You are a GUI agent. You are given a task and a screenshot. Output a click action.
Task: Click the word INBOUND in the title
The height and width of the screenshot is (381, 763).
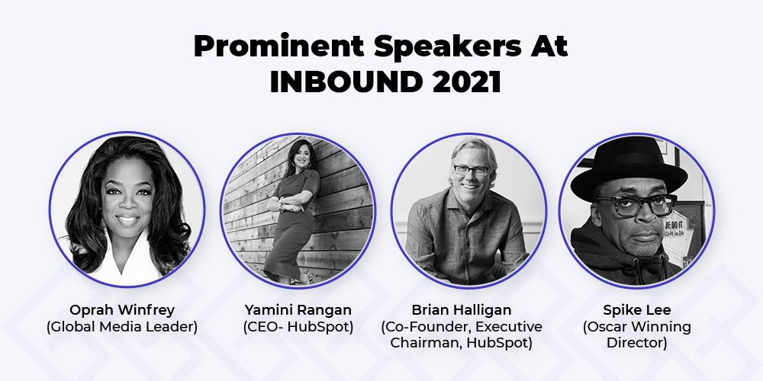[x=346, y=82]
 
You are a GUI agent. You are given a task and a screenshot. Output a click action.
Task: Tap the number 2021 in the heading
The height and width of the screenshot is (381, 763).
[x=465, y=82]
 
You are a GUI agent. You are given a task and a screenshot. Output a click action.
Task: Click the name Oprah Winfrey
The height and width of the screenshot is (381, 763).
[x=121, y=309]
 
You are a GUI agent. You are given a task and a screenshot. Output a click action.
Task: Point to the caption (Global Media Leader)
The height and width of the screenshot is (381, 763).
[x=121, y=327]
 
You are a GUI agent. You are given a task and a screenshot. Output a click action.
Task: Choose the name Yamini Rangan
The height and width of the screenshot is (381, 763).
[x=298, y=309]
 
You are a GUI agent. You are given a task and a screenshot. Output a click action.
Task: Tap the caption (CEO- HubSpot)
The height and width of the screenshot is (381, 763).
[x=298, y=327]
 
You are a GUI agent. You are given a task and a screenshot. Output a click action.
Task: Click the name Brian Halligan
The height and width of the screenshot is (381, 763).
[x=462, y=309]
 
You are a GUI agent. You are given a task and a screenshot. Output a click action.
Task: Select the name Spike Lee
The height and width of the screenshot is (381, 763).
[x=636, y=309]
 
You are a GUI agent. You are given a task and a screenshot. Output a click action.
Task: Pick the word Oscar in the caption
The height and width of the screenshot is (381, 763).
[x=608, y=327]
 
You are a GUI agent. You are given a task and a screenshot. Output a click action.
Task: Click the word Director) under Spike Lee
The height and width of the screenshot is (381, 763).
[x=636, y=343]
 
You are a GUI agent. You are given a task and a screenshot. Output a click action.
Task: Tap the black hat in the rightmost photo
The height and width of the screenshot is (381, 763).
[x=629, y=168]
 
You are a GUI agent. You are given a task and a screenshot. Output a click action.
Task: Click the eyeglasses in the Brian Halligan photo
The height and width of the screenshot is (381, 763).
[x=471, y=170]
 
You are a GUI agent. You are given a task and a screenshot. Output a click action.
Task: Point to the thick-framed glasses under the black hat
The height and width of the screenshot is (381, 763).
[x=636, y=204]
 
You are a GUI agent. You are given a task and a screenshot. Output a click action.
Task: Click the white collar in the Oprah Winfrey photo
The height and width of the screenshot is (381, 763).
[x=128, y=260]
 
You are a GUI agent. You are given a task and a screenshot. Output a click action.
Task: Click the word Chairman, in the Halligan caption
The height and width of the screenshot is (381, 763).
[x=427, y=343]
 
